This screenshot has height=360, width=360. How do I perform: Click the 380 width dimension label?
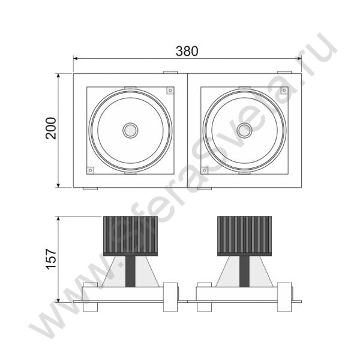(187, 51)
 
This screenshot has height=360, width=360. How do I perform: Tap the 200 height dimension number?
(51, 128)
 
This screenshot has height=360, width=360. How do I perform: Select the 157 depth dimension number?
(51, 259)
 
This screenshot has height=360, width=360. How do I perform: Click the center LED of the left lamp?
(130, 130)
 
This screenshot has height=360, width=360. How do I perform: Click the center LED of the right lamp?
(244, 130)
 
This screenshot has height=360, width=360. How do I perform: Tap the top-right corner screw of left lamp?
(170, 91)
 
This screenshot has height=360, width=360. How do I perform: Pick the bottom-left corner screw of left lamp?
(91, 170)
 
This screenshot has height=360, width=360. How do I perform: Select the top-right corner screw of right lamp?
(284, 91)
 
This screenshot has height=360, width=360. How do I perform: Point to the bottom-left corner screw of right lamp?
(205, 170)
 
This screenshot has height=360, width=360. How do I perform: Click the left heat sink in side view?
(130, 236)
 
